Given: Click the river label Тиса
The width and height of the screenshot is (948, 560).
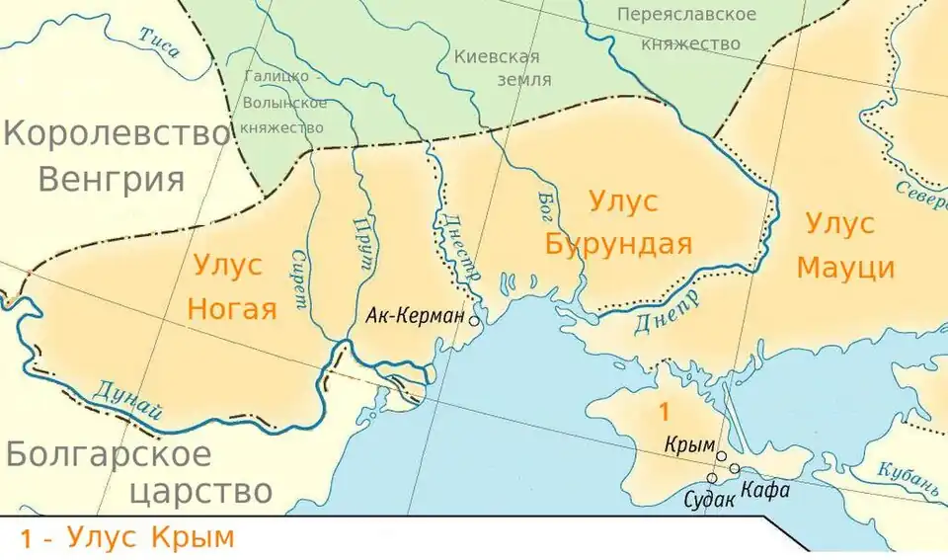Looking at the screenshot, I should [x=159, y=45].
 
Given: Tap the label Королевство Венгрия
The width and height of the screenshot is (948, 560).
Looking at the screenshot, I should [x=117, y=156].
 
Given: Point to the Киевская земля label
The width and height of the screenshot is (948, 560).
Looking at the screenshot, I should [x=502, y=68].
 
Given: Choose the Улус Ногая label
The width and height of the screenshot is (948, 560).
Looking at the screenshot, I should [x=228, y=286].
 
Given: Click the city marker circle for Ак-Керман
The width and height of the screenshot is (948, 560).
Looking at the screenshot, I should [x=475, y=320].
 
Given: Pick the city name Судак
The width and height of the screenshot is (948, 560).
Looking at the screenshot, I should [x=709, y=499].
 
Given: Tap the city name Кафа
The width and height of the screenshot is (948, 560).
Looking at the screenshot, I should [x=765, y=488].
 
